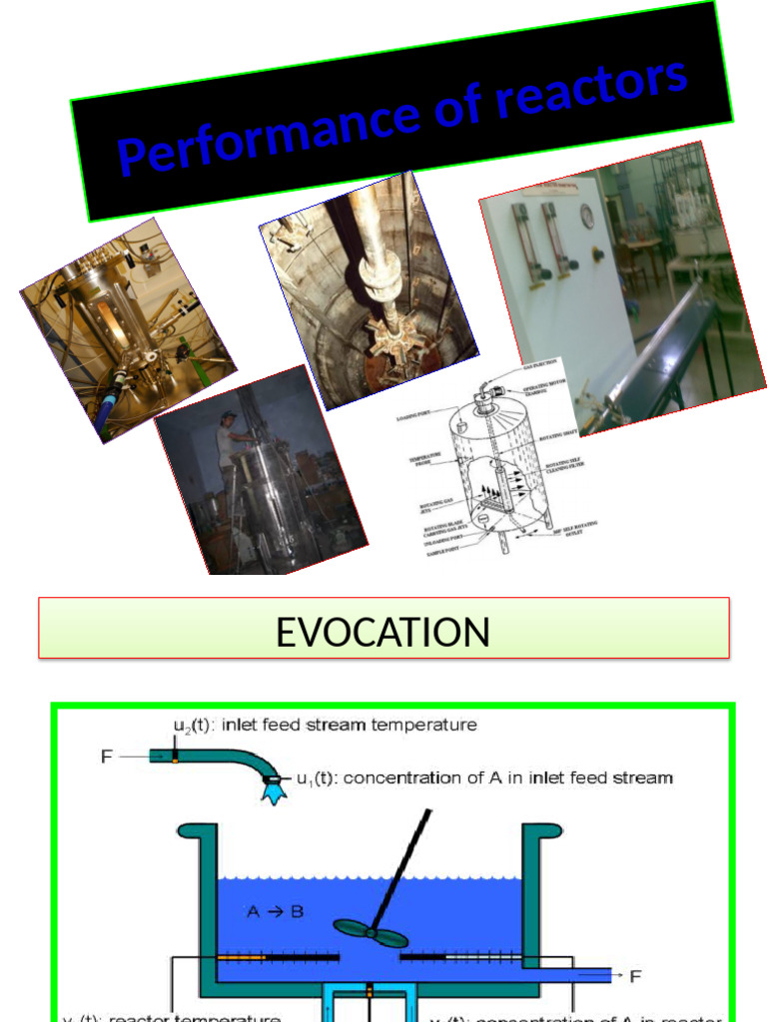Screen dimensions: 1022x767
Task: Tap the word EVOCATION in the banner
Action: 383,632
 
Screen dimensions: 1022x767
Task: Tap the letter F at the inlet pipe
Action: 107,757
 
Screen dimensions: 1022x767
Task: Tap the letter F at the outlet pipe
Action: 635,974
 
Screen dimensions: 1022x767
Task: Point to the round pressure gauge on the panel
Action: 587,216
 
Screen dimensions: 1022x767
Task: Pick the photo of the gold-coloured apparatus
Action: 127,328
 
